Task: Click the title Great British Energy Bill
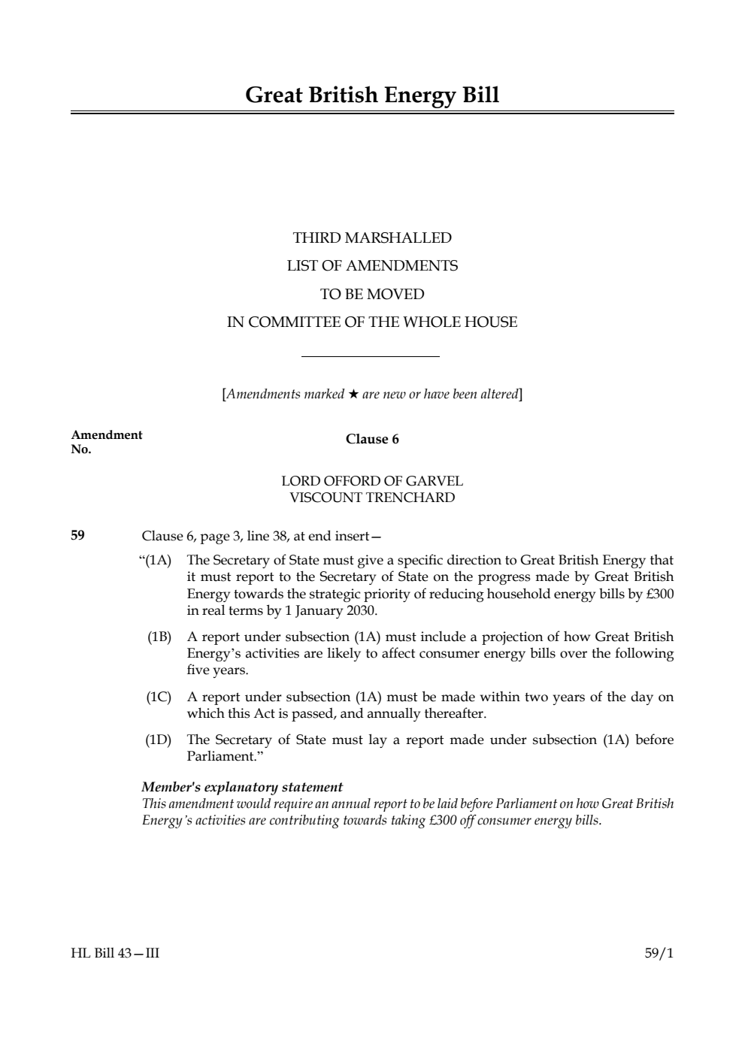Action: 372,95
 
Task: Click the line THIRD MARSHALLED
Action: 372,238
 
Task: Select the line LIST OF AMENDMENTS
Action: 372,266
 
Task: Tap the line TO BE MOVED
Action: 372,294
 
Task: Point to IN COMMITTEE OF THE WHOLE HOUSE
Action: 372,322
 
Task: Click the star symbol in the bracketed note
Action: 353,394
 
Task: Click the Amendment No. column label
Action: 106,442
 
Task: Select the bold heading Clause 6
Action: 372,439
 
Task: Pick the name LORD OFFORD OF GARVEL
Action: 372,481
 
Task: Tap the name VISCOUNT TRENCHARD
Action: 372,498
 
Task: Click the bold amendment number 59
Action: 77,536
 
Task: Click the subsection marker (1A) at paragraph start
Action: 158,560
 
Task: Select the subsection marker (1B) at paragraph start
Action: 159,637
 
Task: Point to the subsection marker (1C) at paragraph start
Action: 159,697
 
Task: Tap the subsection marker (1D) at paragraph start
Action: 159,740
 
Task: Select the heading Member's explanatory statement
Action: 242,787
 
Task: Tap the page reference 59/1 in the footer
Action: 659,954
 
